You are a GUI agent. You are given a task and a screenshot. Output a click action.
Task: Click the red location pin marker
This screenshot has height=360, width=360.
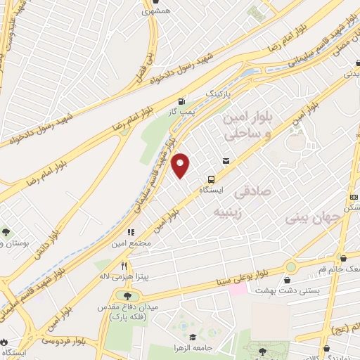pyautogui.click(x=181, y=165)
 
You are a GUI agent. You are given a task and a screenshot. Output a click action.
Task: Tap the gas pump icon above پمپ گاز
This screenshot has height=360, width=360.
pyautogui.click(x=183, y=101)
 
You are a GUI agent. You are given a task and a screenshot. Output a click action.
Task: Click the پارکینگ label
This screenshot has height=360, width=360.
pyautogui.click(x=217, y=93)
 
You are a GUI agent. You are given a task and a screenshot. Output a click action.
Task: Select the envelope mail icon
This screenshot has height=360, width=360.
pyautogui.click(x=226, y=161)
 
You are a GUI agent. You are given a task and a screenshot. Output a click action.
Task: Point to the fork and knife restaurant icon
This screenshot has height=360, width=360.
pyautogui.click(x=124, y=266)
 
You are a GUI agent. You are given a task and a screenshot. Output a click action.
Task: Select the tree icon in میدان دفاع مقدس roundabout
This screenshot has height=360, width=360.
pyautogui.click(x=127, y=295)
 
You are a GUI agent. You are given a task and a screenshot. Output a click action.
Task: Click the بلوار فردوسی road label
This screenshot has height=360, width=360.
pyautogui.click(x=60, y=340)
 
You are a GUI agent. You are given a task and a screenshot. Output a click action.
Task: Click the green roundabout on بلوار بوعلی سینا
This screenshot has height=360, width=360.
pyautogui.click(x=290, y=267)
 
